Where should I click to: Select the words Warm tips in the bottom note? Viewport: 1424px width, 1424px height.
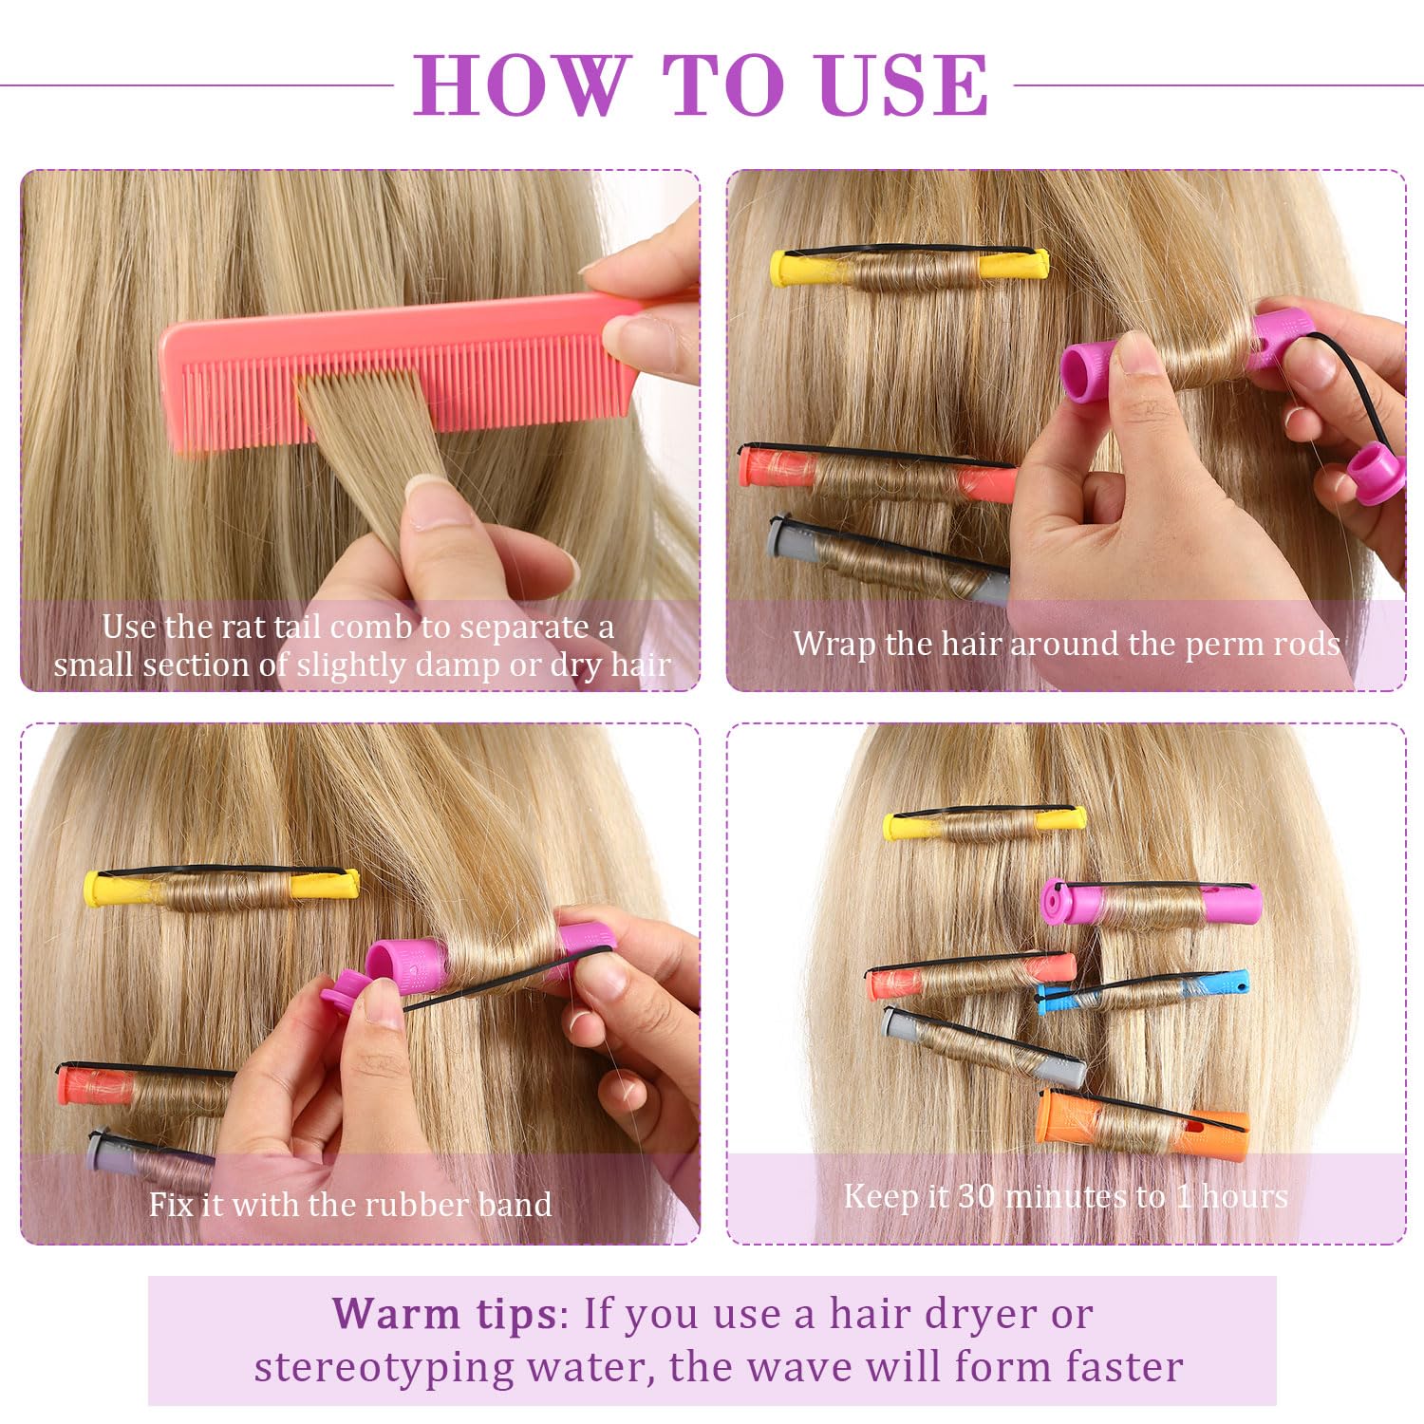pos(444,1316)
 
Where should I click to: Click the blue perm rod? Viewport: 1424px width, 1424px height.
pos(1142,990)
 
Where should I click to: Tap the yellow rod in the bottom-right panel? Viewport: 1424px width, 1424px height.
pos(984,823)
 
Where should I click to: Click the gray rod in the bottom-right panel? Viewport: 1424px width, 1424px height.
pos(983,1046)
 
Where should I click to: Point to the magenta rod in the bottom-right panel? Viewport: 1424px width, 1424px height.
pos(1151,902)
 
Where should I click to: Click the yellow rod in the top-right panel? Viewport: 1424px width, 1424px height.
pos(909,268)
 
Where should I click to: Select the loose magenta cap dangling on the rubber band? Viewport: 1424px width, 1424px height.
pos(1376,472)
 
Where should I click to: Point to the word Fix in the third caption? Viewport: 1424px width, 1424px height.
pos(171,1204)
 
